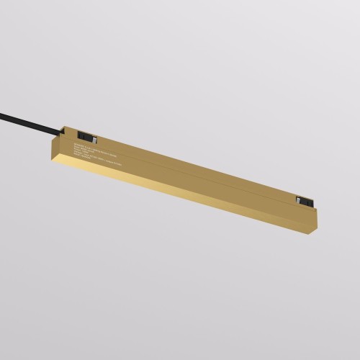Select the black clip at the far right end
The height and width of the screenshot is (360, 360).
(303, 199)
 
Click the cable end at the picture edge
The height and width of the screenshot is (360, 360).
(2, 107)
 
